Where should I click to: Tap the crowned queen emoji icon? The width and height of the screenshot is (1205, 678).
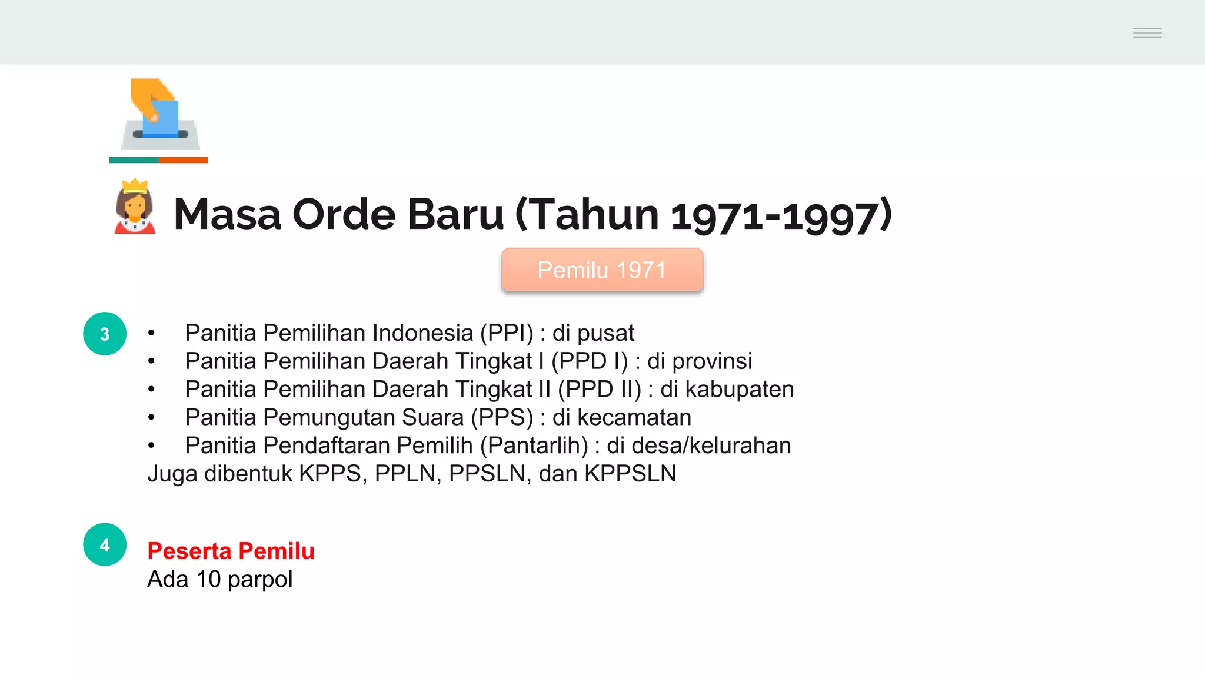tap(135, 207)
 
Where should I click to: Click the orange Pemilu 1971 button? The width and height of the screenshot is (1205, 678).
tap(602, 270)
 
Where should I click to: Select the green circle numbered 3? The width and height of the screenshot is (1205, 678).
tap(105, 334)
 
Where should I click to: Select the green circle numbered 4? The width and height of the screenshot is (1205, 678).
tap(105, 545)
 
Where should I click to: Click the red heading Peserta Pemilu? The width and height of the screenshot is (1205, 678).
tap(231, 551)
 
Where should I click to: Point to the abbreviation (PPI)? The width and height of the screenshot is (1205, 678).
tap(507, 333)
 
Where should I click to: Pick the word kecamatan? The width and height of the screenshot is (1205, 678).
tap(634, 418)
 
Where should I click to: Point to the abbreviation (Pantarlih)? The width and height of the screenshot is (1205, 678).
tap(534, 446)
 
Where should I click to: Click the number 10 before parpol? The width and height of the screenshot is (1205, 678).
tap(208, 580)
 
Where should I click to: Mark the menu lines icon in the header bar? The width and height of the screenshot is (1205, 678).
tap(1147, 33)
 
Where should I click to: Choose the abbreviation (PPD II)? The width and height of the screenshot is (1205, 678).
tap(600, 390)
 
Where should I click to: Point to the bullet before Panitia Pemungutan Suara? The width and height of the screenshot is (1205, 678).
tap(152, 418)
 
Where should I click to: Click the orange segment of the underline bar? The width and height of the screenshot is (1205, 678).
tap(183, 160)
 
